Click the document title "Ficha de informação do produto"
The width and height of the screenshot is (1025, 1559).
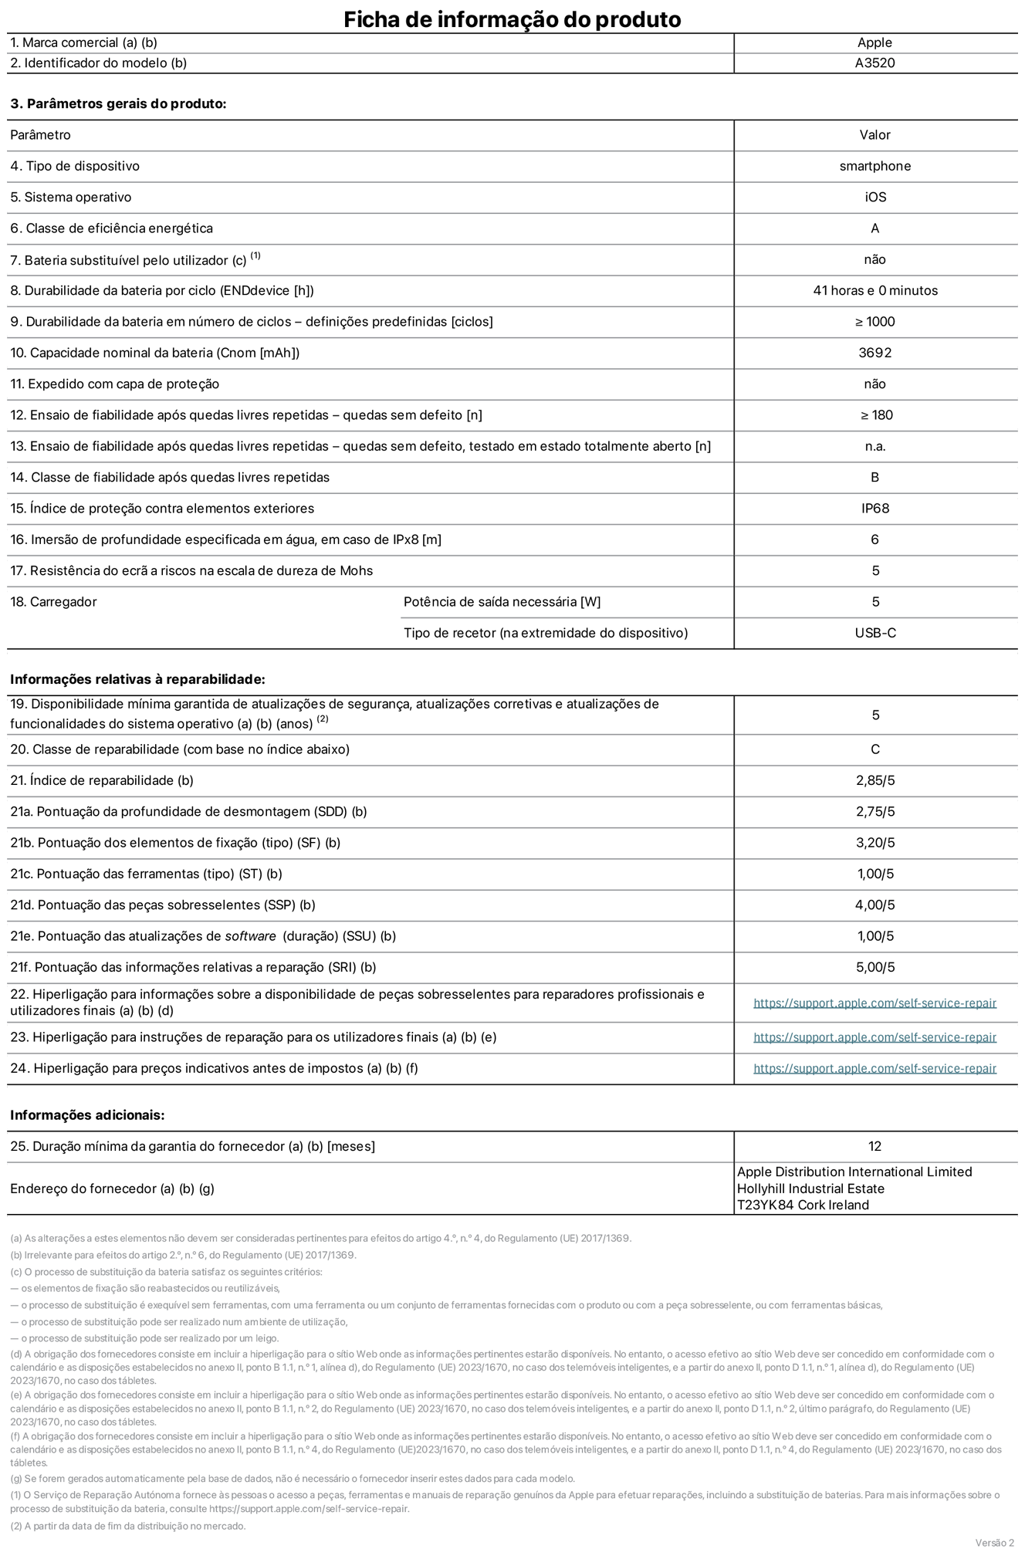click(512, 19)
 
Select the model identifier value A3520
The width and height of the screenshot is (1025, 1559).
click(874, 63)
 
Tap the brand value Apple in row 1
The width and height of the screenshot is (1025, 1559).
click(874, 43)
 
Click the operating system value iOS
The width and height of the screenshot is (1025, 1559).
click(875, 198)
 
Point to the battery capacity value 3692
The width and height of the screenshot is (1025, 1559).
click(874, 353)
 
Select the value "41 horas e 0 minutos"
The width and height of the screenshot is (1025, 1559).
click(874, 291)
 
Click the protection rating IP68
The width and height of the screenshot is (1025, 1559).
click(874, 509)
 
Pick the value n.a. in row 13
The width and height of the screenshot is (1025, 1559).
click(874, 446)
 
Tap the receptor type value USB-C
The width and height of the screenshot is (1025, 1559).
click(874, 633)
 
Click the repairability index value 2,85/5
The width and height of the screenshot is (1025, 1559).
click(874, 780)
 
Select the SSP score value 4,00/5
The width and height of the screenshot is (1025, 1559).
click(874, 905)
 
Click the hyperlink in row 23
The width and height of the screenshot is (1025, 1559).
click(874, 1037)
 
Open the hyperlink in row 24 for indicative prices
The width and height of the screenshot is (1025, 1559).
click(874, 1068)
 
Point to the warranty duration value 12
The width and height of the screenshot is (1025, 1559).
click(874, 1146)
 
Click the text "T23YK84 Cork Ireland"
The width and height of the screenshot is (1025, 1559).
click(803, 1205)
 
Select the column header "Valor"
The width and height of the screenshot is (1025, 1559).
click(874, 135)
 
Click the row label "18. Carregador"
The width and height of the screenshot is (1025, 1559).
click(53, 602)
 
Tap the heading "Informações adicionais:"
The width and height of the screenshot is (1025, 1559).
click(87, 1115)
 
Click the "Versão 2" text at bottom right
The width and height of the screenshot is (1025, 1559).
click(994, 1542)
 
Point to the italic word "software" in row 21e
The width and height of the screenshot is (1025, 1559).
click(250, 936)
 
